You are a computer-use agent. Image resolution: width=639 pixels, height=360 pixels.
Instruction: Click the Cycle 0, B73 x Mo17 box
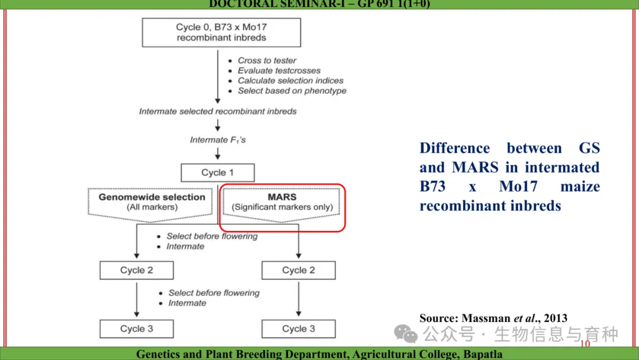pyautogui.click(x=221, y=33)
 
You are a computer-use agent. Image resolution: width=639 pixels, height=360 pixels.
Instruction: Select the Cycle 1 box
pyautogui.click(x=218, y=172)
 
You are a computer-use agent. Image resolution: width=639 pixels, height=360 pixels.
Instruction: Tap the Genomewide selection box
pyautogui.click(x=152, y=202)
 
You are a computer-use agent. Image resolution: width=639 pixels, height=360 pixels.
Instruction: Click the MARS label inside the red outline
pyautogui.click(x=282, y=197)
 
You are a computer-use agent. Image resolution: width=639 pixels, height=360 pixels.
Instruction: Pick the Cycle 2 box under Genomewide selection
pyautogui.click(x=137, y=270)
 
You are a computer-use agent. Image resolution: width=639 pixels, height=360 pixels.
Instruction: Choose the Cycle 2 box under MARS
pyautogui.click(x=298, y=270)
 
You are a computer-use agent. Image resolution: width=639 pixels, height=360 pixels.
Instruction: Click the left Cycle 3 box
pyautogui.click(x=137, y=329)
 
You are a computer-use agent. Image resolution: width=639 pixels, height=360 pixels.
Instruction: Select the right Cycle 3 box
pyautogui.click(x=298, y=329)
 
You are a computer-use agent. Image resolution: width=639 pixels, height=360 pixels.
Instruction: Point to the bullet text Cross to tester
pyautogui.click(x=267, y=60)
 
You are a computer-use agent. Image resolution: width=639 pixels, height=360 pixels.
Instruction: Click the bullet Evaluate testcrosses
pyautogui.click(x=279, y=70)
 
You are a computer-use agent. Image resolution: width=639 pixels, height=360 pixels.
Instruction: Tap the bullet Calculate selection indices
pyautogui.click(x=290, y=81)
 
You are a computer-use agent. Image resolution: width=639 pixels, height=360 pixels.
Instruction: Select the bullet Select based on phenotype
pyautogui.click(x=292, y=91)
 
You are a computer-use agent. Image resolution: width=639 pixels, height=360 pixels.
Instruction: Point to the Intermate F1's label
pyautogui.click(x=218, y=140)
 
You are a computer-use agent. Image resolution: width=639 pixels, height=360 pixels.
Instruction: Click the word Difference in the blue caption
pyautogui.click(x=454, y=148)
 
